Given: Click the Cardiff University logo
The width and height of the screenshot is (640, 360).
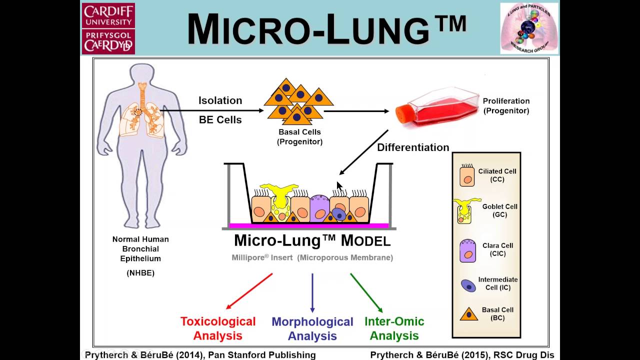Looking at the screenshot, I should (x=108, y=28).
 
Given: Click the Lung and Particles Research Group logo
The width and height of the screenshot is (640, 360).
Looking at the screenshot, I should (x=529, y=28).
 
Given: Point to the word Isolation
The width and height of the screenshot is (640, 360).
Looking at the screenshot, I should (x=220, y=100).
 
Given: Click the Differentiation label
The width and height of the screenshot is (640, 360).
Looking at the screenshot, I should (x=413, y=147).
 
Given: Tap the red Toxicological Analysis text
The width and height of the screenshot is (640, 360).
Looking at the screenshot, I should (x=218, y=328).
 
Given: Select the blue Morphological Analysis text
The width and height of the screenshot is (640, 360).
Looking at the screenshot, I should (x=312, y=328).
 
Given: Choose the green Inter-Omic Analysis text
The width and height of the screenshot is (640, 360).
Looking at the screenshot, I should (x=394, y=328).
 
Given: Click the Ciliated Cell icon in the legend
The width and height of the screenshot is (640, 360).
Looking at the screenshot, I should (x=467, y=175).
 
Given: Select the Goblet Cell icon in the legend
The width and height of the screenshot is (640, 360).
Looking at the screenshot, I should (x=466, y=210).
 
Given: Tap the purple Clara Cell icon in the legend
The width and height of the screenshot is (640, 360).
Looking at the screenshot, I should (x=467, y=250).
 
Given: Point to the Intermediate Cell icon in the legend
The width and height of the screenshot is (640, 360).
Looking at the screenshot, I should (x=468, y=285).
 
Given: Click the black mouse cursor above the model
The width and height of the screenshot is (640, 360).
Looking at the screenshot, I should (x=339, y=186).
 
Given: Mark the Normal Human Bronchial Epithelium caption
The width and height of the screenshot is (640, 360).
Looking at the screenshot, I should (x=140, y=249).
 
